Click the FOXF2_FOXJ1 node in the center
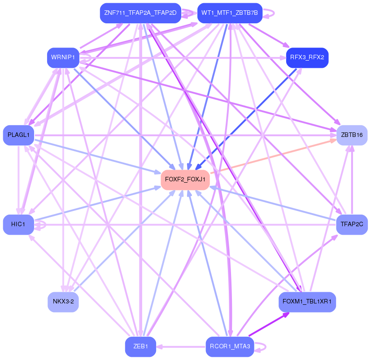[185, 180]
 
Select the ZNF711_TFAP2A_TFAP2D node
[140, 13]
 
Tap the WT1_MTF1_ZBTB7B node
[230, 13]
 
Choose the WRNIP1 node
[63, 58]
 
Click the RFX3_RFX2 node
[307, 58]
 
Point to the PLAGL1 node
[18, 135]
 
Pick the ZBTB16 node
[352, 135]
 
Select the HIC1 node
[18, 224]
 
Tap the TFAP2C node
[352, 224]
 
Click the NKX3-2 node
[63, 302]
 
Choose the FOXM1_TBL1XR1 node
[307, 302]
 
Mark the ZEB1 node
[140, 347]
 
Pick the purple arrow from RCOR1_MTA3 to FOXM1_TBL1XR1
[268, 324]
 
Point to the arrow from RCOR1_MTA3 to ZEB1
[181, 347]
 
